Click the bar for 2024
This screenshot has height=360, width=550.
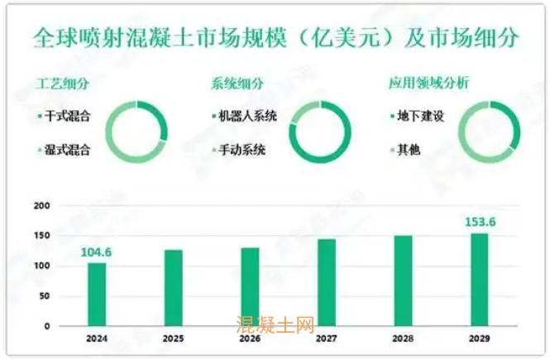pos(97,294)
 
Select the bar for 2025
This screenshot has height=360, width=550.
pos(173,288)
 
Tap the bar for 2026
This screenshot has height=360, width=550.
pos(250,286)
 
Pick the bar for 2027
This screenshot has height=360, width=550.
pos(326,282)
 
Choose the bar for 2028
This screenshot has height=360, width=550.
pos(403,281)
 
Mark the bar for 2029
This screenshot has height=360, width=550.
pos(480,279)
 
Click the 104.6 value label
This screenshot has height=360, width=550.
pos(97,252)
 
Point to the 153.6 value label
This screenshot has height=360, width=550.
pos(480,223)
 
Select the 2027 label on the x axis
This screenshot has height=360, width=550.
pos(326,338)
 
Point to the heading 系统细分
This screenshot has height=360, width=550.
pos(237,83)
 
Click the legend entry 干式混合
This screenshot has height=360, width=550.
pos(69,116)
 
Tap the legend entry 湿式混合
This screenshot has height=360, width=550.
pos(69,151)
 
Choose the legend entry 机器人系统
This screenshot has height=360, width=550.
pos(247,116)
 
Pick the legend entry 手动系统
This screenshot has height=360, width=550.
pos(242,151)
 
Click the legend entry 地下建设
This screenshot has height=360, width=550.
pos(421,116)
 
